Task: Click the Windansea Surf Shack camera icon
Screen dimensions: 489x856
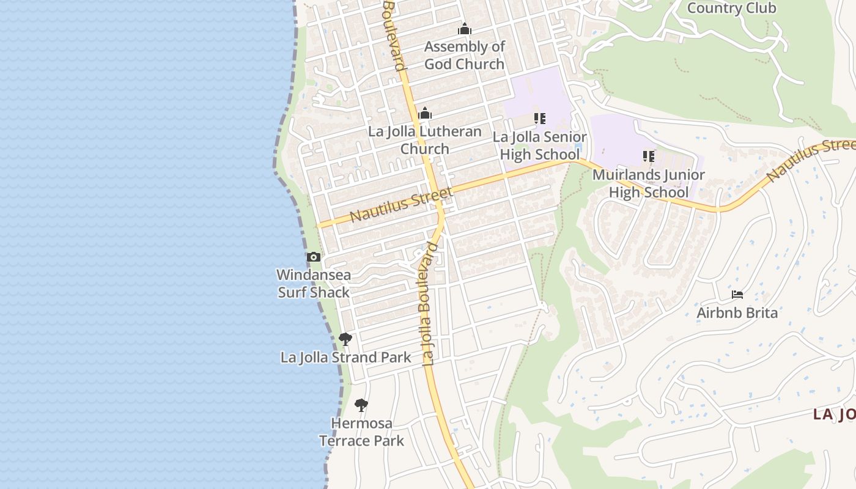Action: pos(314,257)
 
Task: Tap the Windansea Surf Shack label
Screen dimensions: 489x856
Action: pos(314,284)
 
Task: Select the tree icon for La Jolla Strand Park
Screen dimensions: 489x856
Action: pos(345,339)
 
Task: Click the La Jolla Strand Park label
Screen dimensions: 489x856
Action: pos(346,358)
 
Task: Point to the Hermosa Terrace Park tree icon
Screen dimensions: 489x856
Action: pos(361,405)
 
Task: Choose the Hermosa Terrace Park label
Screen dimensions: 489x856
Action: pos(362,432)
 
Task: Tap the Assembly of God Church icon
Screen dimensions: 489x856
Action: pos(465,29)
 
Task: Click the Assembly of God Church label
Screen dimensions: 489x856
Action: pos(465,55)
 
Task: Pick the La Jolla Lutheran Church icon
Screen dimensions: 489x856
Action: pos(425,114)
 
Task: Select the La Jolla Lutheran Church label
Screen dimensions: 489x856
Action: pos(425,140)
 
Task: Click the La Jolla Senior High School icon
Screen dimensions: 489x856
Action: pos(539,118)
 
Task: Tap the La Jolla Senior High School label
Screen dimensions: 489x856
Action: pos(539,145)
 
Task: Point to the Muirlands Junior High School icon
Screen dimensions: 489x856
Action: pos(649,156)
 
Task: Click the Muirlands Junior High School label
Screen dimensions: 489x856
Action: pos(649,183)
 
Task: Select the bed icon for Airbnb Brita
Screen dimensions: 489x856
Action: pos(737,295)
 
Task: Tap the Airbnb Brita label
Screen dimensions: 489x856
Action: pos(737,313)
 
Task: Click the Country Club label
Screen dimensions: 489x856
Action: pos(731,8)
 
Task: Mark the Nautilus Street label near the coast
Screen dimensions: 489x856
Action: pos(400,205)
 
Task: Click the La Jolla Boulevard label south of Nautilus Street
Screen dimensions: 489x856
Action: pos(429,304)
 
